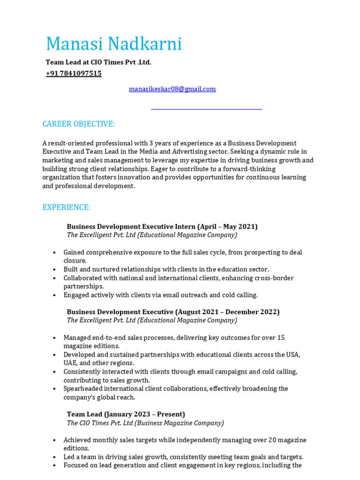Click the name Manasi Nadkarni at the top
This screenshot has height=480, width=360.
click(x=113, y=44)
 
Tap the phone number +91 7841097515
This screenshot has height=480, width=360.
click(x=74, y=74)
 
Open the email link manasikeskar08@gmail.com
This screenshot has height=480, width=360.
click(x=172, y=89)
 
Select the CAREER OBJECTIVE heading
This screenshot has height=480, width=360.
click(x=78, y=124)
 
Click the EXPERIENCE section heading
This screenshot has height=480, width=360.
click(x=66, y=207)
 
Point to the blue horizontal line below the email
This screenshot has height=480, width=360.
click(x=206, y=109)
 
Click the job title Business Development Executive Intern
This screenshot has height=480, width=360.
click(x=131, y=226)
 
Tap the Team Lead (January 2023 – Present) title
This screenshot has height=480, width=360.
click(x=126, y=414)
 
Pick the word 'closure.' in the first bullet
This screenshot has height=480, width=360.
click(x=75, y=261)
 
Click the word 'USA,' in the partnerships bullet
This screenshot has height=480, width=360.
click(x=293, y=354)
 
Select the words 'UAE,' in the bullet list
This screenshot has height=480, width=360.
click(x=71, y=363)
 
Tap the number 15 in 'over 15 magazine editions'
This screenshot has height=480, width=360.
click(x=280, y=337)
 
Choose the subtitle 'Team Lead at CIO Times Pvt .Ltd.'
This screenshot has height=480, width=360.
click(x=98, y=62)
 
